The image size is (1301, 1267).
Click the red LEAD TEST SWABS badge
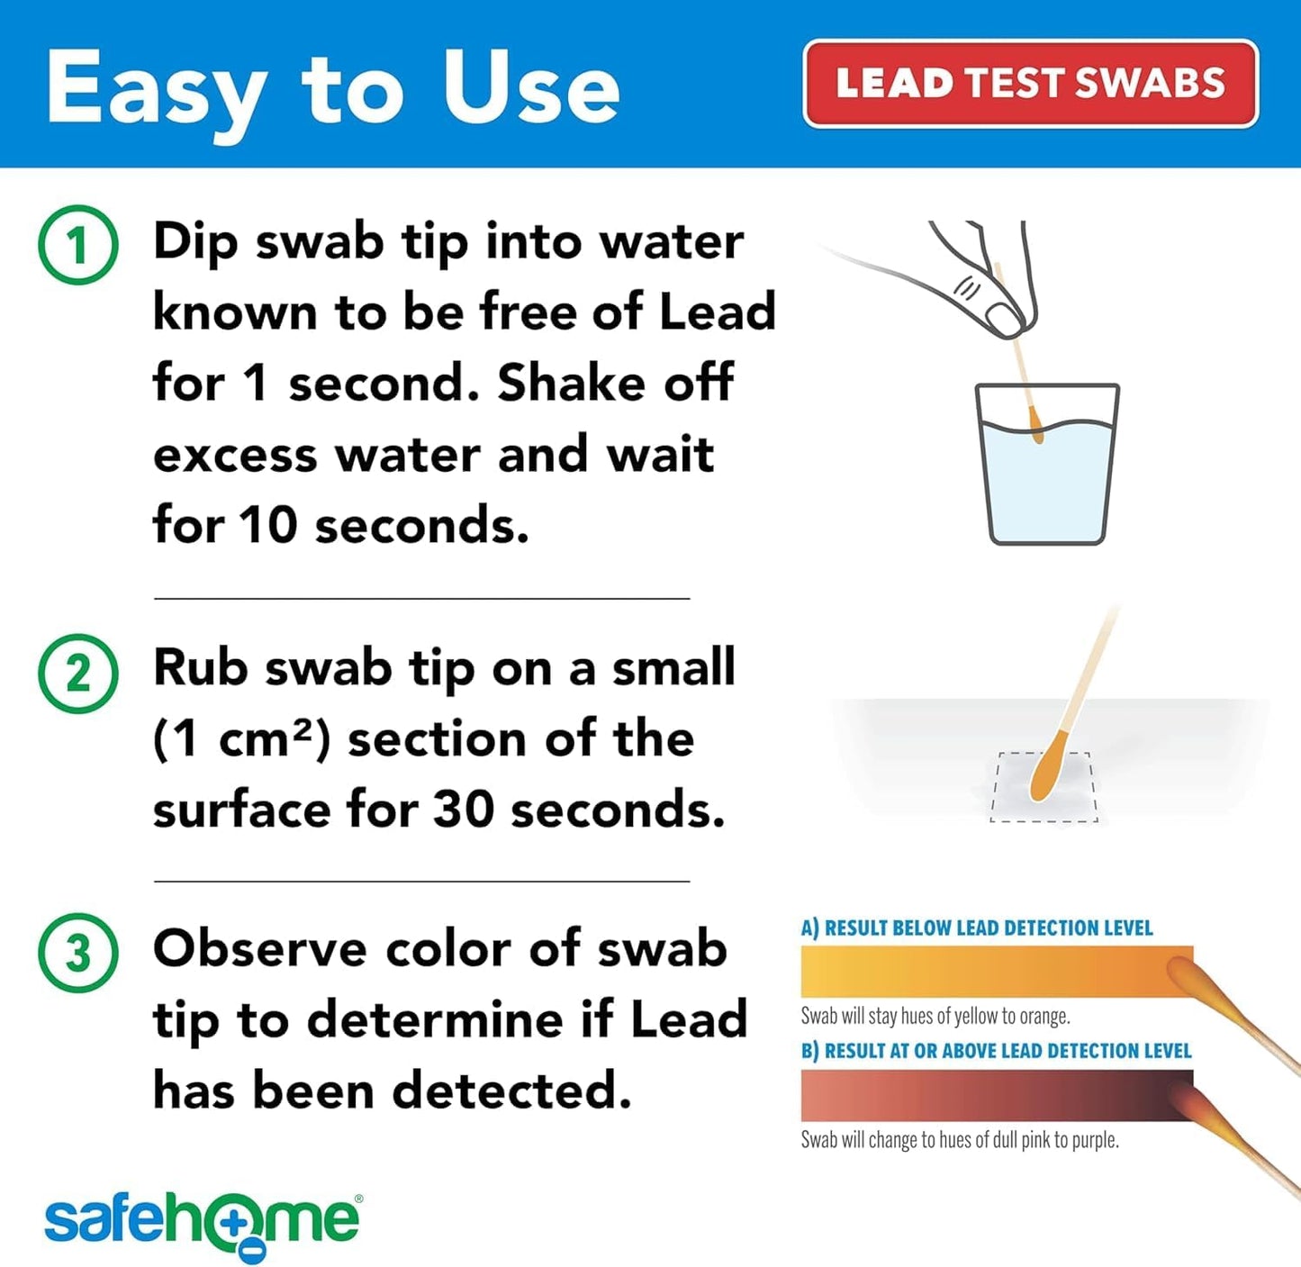(x=1030, y=84)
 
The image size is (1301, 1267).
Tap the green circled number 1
(x=78, y=245)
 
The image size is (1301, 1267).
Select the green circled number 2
(x=78, y=674)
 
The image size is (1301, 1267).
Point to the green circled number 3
(x=78, y=953)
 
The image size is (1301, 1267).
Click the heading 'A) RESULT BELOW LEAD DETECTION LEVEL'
(x=977, y=928)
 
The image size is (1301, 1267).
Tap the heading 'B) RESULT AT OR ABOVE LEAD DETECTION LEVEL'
(x=996, y=1051)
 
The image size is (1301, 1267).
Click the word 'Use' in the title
(x=531, y=88)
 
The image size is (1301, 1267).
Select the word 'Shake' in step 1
(x=571, y=384)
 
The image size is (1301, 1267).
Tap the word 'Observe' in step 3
(x=260, y=949)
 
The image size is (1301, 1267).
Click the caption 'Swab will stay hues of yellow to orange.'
(x=935, y=1017)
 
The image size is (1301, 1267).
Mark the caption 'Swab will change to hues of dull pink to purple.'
(x=960, y=1140)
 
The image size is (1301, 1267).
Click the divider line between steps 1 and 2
(x=421, y=598)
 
